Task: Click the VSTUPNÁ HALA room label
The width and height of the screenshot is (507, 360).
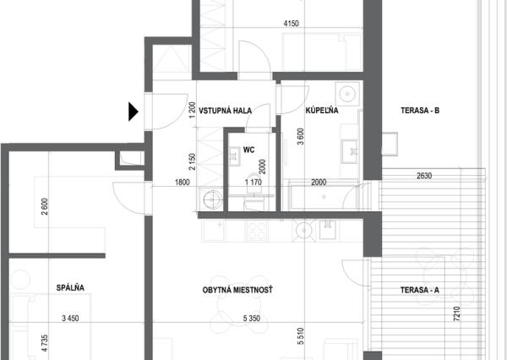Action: [225, 111]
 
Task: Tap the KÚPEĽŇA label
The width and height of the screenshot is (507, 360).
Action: [322, 111]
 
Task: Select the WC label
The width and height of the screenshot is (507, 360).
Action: [249, 150]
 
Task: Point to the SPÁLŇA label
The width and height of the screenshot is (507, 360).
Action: [70, 287]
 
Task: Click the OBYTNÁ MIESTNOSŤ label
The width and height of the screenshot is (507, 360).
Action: [237, 290]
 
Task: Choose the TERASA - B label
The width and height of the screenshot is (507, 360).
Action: [420, 111]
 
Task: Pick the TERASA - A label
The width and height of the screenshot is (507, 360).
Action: [420, 290]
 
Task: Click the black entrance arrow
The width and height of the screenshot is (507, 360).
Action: [134, 112]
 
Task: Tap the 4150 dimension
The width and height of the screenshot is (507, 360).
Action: [291, 24]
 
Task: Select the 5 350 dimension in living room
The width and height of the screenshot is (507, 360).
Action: [252, 319]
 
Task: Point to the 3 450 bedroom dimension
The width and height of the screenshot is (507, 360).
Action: [70, 319]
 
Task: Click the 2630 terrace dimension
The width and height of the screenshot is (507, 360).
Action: [424, 176]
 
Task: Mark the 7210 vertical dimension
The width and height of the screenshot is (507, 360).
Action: [457, 314]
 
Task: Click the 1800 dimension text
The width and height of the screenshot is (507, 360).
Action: [183, 183]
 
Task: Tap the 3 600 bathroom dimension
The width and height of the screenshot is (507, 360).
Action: [300, 137]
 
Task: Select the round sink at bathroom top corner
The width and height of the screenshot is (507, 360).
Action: [347, 94]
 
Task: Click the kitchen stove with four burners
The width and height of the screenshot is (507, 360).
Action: [257, 231]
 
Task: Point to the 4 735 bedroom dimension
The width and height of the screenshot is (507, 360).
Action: [45, 343]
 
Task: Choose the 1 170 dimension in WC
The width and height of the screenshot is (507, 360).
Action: [253, 183]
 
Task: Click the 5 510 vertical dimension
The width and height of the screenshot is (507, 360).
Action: [300, 336]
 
